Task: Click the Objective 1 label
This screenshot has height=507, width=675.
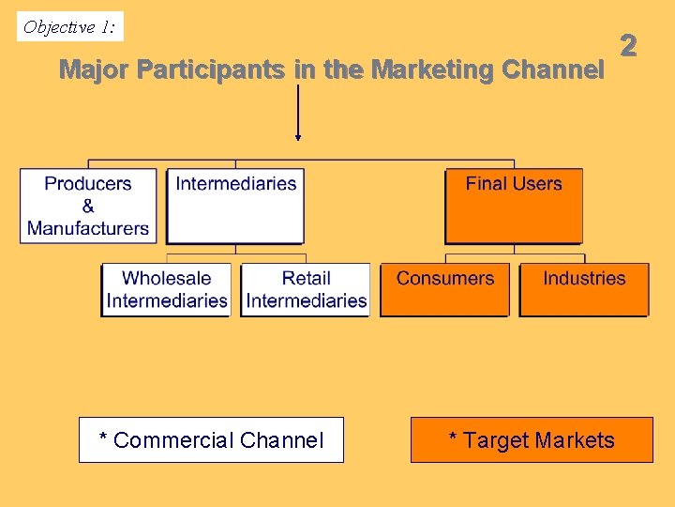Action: (x=70, y=27)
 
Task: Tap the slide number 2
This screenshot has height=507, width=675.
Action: (x=628, y=45)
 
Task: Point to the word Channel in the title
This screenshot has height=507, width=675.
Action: (x=553, y=70)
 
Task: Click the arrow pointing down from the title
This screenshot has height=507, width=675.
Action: (x=298, y=113)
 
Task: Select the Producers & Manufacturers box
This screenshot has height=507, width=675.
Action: (x=88, y=206)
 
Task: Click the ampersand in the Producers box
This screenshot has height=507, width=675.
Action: (x=88, y=206)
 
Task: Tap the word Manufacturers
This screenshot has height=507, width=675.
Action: (x=88, y=228)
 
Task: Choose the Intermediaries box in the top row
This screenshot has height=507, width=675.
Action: (x=235, y=206)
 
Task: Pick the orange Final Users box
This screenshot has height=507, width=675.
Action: (x=514, y=206)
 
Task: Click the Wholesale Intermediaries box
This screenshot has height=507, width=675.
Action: (x=167, y=289)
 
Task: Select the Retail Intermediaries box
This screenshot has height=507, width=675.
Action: (x=307, y=289)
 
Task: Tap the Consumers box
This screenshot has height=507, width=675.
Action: (x=444, y=289)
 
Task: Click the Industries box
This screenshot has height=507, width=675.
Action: (x=584, y=289)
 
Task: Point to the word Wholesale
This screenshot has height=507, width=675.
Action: (x=167, y=278)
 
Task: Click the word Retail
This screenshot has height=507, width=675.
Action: (x=307, y=278)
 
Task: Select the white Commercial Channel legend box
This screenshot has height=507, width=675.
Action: (x=211, y=440)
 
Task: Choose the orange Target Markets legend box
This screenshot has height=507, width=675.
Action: (x=532, y=440)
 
